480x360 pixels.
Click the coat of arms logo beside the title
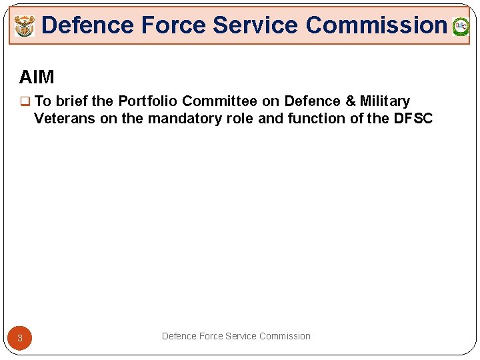coord(24,27)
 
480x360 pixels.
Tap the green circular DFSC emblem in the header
coord(461,27)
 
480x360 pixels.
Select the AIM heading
coord(37,77)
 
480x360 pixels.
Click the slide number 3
coord(20,338)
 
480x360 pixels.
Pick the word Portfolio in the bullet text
coord(147,101)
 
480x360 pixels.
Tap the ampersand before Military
coord(351,101)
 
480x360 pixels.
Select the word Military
coord(385,101)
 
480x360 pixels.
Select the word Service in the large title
coord(255,25)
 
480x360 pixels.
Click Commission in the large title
coord(376,25)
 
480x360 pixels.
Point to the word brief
coord(72,101)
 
